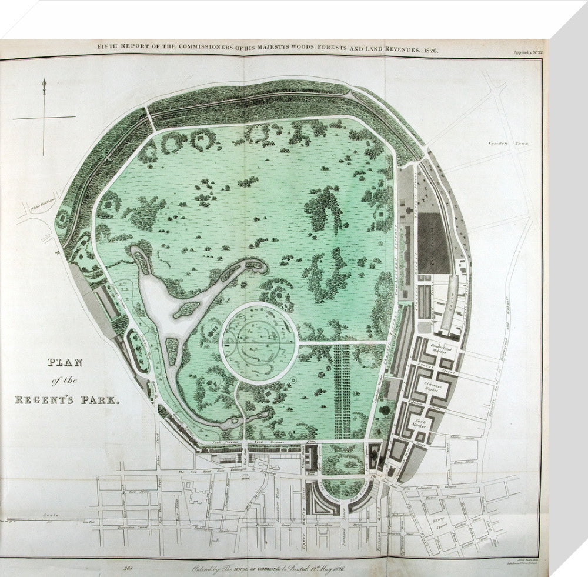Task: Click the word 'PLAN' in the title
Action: coord(65,363)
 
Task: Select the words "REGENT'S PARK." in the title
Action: coord(66,400)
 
